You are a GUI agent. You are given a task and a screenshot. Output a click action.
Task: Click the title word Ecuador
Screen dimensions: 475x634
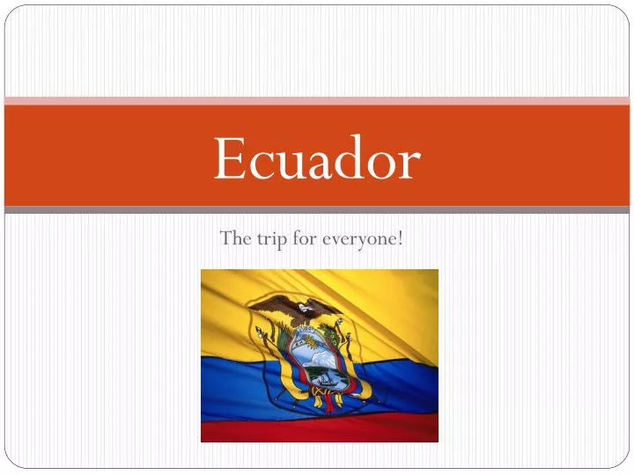click(x=317, y=158)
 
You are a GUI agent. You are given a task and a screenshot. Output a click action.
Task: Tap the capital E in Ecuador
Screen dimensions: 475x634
click(x=230, y=158)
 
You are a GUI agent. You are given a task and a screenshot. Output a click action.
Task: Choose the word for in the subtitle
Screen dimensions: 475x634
click(x=306, y=237)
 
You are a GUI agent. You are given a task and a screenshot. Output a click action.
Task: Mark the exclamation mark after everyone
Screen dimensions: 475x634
click(x=401, y=237)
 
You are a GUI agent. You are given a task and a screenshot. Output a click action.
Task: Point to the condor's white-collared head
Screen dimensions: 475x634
click(x=305, y=308)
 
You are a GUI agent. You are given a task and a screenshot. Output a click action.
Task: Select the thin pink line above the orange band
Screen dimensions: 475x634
click(x=317, y=100)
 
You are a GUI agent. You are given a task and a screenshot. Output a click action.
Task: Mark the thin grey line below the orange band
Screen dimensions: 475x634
click(x=317, y=210)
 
